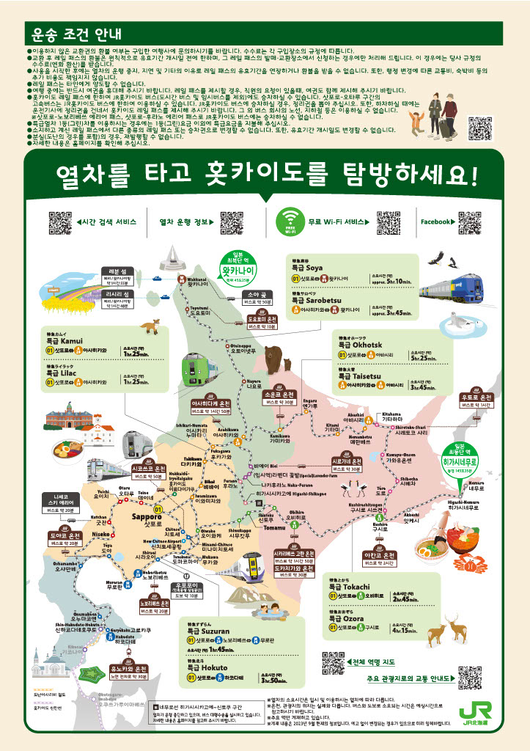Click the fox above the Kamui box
pos(150,325)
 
